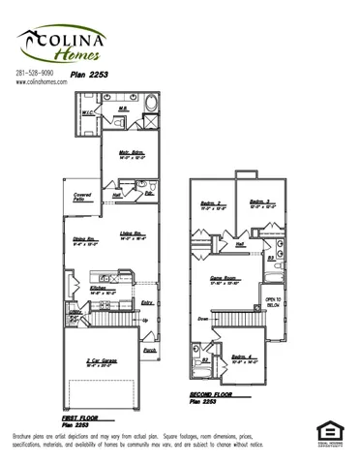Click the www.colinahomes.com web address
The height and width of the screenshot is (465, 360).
point(42,82)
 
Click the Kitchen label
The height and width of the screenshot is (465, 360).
point(100,288)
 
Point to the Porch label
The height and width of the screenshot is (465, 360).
point(148,353)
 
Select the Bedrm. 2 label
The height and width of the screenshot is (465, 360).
point(212,202)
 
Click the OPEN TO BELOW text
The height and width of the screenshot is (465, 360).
point(273,302)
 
